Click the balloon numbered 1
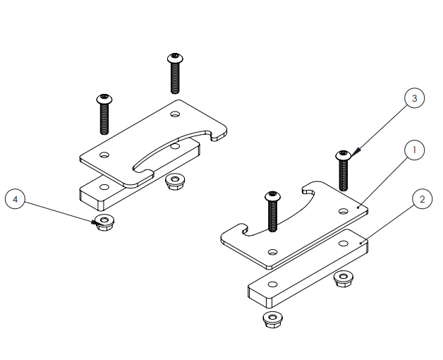pos(414,150)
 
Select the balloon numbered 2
pos(421,199)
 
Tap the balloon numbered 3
pos(414,98)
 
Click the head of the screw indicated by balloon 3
pos(344,155)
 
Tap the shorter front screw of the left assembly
pos(104,113)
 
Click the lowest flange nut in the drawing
pos(272,320)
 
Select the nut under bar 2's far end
pos(344,279)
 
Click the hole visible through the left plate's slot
pos(174,147)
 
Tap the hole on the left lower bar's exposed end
pos(104,187)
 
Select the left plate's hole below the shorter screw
pos(104,154)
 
